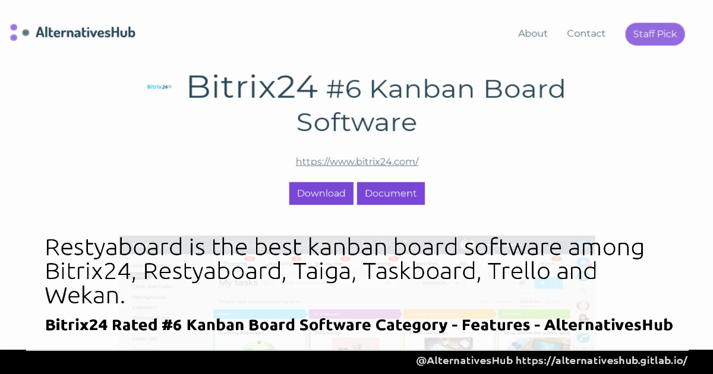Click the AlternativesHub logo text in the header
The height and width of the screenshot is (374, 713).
86,33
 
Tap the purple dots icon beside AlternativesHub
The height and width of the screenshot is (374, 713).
17,33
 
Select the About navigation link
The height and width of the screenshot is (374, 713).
532,34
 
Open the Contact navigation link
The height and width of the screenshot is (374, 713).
586,34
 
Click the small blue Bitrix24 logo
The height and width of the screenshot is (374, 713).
159,87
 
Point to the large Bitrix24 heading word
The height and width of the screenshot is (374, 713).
252,88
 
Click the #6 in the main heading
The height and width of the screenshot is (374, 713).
344,89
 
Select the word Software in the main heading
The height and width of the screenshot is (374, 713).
356,122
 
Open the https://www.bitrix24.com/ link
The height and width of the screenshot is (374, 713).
357,161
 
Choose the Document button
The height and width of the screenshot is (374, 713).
390,194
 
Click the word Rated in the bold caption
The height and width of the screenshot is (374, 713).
140,325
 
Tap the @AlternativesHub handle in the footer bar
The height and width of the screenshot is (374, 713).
464,361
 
